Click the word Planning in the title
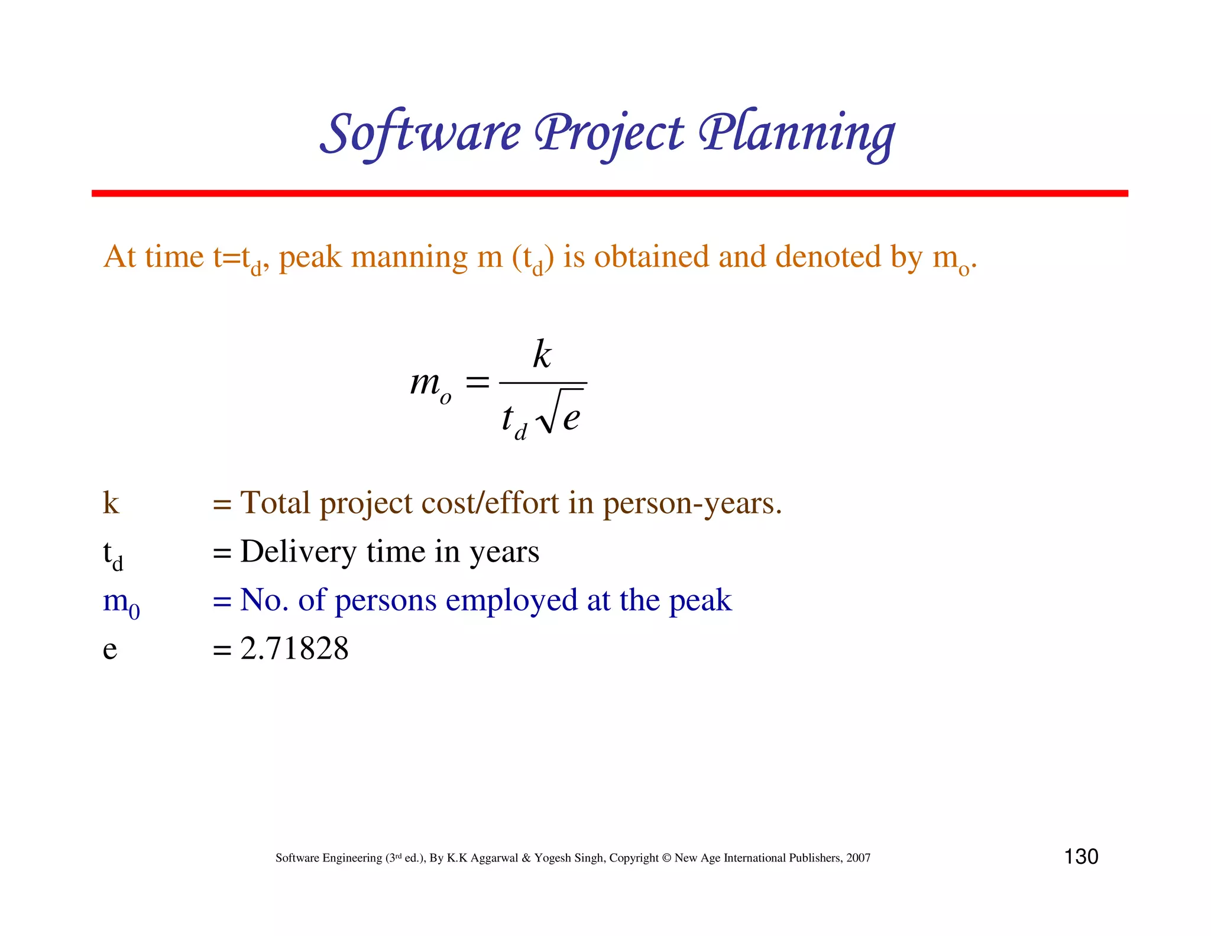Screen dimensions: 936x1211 (796, 134)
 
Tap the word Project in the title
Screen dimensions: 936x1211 (609, 134)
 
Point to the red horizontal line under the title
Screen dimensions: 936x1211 (609, 193)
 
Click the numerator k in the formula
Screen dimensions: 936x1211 (542, 355)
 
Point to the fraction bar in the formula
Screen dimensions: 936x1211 (542, 383)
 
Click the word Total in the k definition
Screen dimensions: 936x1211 (275, 503)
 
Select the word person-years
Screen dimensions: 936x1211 (692, 505)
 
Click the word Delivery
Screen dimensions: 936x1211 (298, 552)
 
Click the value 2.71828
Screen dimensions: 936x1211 (294, 649)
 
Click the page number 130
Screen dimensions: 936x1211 (1081, 857)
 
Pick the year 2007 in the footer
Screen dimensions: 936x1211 (858, 858)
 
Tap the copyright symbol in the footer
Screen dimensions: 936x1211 (666, 858)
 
